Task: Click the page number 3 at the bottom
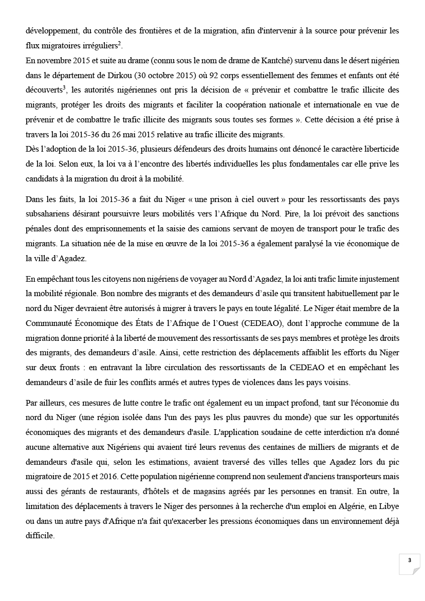[x=409, y=560]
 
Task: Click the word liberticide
[x=378, y=150]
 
